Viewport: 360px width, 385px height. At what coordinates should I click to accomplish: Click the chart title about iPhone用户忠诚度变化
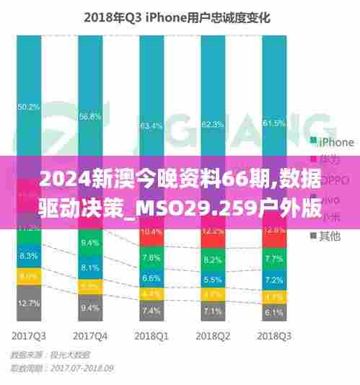pyautogui.click(x=177, y=19)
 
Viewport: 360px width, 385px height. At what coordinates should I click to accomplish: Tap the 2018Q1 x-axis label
pyautogui.click(x=152, y=335)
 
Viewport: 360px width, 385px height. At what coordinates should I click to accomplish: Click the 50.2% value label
pyautogui.click(x=28, y=107)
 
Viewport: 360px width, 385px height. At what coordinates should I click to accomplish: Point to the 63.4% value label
pyautogui.click(x=152, y=125)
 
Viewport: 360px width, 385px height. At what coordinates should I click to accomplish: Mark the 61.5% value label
pyautogui.click(x=274, y=123)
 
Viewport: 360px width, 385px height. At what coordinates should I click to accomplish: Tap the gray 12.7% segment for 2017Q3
pyautogui.click(x=28, y=303)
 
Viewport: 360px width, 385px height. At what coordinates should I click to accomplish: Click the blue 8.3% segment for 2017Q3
pyautogui.click(x=28, y=256)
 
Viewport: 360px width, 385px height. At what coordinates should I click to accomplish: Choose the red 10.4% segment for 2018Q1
pyautogui.click(x=152, y=232)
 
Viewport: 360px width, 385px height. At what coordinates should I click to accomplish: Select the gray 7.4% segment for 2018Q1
pyautogui.click(x=152, y=311)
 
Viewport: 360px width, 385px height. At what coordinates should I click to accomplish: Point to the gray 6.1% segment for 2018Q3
pyautogui.click(x=274, y=312)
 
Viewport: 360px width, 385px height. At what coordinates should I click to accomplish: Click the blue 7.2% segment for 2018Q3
pyautogui.click(x=274, y=279)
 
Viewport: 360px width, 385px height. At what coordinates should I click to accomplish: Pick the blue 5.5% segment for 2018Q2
pyautogui.click(x=213, y=280)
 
